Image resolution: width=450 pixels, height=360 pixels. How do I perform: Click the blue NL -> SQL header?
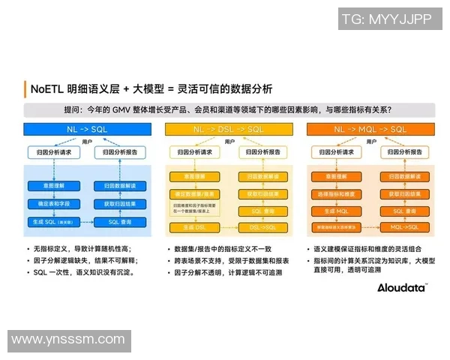(x=88, y=130)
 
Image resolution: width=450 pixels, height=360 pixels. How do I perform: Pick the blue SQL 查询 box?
(x=119, y=222)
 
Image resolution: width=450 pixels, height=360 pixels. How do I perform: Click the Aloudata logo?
(x=401, y=287)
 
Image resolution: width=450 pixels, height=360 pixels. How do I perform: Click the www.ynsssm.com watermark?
(x=68, y=340)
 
